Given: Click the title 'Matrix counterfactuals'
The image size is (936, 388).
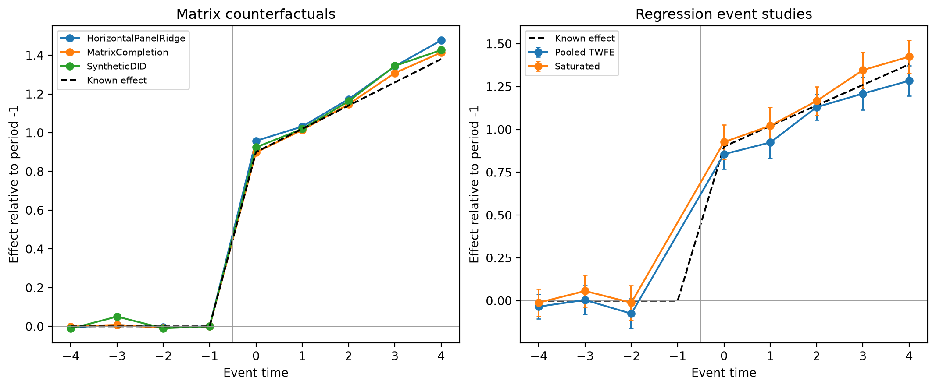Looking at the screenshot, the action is point(256,14).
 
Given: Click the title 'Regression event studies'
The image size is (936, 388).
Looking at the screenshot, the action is point(724,14).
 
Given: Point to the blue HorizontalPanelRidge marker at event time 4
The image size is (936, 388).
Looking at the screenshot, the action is point(441,41).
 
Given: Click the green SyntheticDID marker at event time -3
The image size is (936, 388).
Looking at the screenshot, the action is point(117,317).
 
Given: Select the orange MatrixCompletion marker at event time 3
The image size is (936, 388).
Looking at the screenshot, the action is point(395,73).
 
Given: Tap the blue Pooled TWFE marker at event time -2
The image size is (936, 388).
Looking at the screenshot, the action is point(631,314).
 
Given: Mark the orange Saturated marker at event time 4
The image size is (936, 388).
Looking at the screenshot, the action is point(909,57).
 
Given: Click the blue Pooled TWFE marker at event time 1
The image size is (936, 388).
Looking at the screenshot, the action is point(770,142).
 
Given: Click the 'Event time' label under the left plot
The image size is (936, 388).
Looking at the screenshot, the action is point(256,373).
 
